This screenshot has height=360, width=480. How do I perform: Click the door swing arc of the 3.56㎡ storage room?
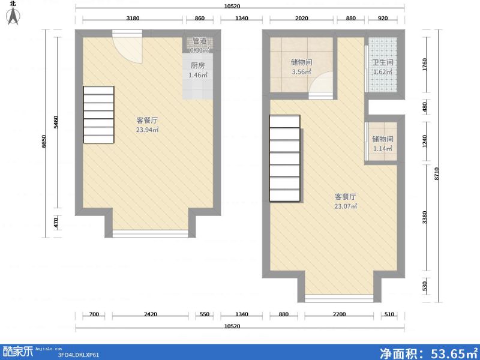[320, 84]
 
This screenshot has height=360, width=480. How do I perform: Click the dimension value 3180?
[133, 19]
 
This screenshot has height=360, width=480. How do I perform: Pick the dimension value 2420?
[150, 314]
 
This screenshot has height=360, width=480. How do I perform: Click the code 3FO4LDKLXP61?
[79, 355]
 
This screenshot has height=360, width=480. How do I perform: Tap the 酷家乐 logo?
[18, 351]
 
